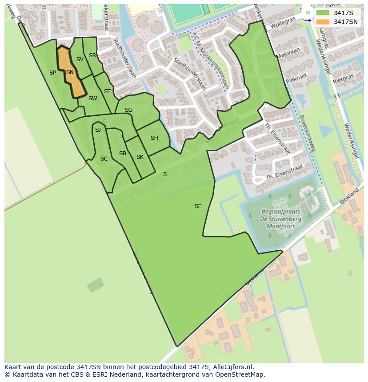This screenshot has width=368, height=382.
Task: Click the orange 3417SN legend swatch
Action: (x=323, y=22)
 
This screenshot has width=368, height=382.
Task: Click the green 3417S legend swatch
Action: (x=323, y=13)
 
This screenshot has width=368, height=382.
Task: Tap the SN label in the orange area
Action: (x=70, y=72)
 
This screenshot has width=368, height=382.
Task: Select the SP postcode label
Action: (x=52, y=73)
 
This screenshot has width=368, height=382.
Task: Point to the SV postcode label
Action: (x=80, y=59)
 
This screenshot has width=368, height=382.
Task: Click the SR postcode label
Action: (x=92, y=55)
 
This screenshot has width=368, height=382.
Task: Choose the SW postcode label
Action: (x=92, y=98)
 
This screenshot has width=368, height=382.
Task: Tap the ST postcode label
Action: (x=107, y=91)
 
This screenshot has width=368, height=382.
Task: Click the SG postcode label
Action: (x=128, y=110)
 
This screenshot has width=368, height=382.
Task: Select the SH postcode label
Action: (x=154, y=138)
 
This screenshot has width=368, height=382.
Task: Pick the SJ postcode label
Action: (x=98, y=130)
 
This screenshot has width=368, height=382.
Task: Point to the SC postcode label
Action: (x=104, y=158)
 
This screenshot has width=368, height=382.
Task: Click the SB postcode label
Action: (x=123, y=154)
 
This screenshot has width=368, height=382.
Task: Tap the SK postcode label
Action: (x=140, y=157)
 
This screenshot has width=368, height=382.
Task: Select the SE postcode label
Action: (x=198, y=206)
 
